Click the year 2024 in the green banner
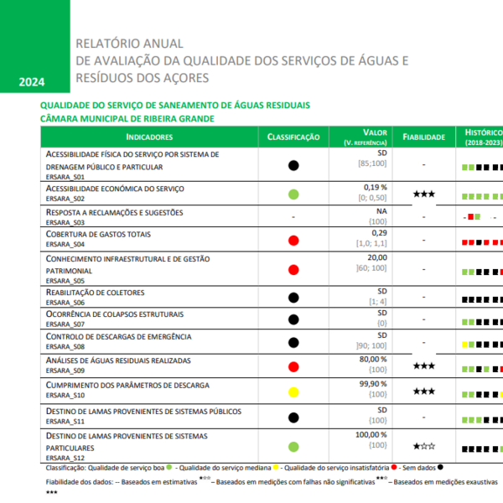pos(31,82)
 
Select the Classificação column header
pos(293,137)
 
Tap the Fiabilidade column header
pos(423,137)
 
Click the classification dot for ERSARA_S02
pos(293,194)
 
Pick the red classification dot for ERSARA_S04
pos(293,241)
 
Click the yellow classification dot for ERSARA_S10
pos(293,392)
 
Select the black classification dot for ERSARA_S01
pos(293,166)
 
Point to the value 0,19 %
pos(376,187)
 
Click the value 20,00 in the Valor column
pos(377,257)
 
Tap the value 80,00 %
pos(375,359)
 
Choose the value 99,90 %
pos(375,383)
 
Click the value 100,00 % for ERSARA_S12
pos(372,434)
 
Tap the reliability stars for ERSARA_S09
pos(423,366)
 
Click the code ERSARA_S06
pos(65,302)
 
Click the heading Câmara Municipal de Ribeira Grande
pos(127,119)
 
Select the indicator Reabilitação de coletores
pos(95,292)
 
